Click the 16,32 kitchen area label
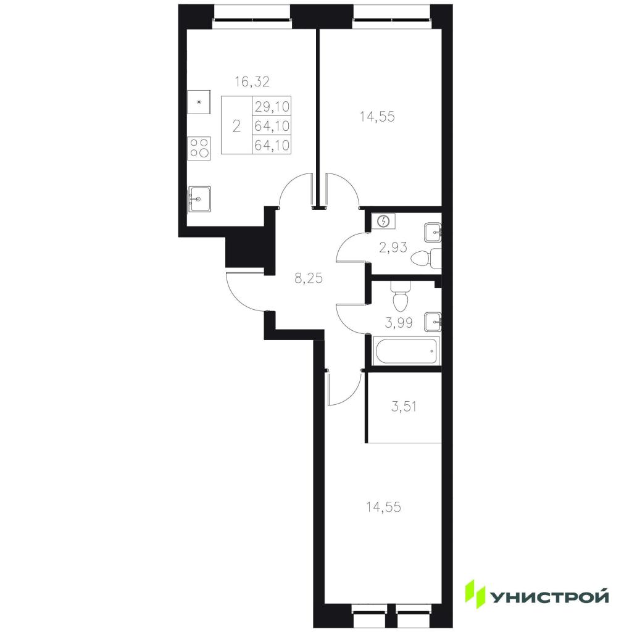252,82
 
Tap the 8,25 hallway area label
309,278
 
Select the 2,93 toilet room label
393,247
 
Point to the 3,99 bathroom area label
399,323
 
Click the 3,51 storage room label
404,407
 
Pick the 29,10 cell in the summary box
272,106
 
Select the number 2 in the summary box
236,126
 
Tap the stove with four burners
199,148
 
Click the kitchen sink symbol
199,199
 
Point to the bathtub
407,351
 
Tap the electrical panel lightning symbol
384,222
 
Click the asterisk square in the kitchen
199,102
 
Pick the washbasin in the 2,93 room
433,232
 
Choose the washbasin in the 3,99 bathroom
433,322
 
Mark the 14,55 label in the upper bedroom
377,117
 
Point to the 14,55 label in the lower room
384,507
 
